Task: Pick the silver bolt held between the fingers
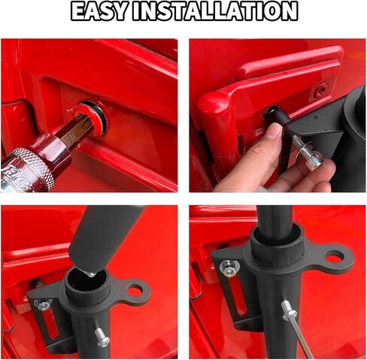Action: click(x=307, y=153)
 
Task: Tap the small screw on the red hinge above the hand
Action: click(x=320, y=90)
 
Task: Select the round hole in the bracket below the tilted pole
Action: click(x=135, y=291)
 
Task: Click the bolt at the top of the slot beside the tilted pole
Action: click(x=42, y=304)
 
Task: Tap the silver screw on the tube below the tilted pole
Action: click(x=102, y=337)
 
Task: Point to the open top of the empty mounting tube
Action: click(x=87, y=277)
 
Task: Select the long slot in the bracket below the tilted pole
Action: click(x=51, y=325)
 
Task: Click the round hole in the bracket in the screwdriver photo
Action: click(x=334, y=258)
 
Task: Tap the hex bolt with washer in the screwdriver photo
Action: click(x=229, y=268)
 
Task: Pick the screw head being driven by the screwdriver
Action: click(x=287, y=310)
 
